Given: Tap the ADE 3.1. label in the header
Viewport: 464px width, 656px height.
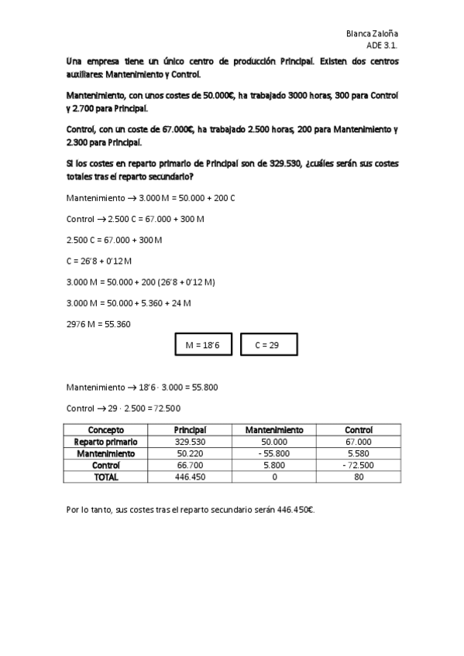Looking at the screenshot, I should click(383, 46).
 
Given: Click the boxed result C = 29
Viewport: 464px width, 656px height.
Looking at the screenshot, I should click(267, 345).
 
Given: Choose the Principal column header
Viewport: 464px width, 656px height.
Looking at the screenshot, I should click(189, 430).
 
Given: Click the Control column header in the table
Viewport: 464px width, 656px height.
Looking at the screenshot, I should click(359, 430).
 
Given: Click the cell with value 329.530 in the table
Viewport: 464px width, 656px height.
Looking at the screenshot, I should click(189, 442).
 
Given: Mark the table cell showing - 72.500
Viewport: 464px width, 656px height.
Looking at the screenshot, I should click(359, 466).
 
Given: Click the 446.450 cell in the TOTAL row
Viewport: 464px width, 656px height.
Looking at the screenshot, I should click(189, 477).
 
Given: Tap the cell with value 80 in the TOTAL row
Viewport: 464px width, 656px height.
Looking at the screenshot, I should click(359, 477).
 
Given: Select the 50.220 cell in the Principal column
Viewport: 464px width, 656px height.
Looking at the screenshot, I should click(189, 453).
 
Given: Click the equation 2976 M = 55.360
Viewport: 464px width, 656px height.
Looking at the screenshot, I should click(98, 324).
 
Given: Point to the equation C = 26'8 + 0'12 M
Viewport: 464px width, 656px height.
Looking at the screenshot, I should click(100, 261).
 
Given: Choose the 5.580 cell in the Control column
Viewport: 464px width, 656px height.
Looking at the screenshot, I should click(359, 453).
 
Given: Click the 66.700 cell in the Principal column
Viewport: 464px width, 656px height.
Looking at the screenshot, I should click(189, 466).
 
